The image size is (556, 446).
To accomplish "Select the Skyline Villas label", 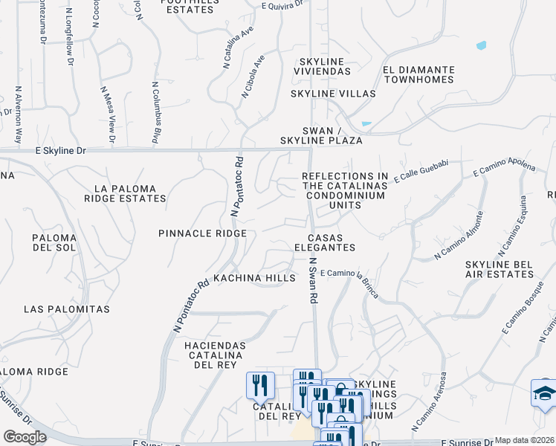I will (x=332, y=94).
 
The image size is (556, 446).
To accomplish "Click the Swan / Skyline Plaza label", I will (x=321, y=135).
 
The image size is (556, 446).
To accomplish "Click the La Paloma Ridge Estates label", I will (x=125, y=193).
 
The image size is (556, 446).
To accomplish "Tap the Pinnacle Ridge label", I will (x=202, y=233).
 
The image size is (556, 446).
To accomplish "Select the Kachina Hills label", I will (x=254, y=278).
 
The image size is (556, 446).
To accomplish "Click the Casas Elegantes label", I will (x=324, y=242).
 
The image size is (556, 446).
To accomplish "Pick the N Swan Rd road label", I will (x=314, y=280).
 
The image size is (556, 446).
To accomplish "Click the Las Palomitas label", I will (x=67, y=308).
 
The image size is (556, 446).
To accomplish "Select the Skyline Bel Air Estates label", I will (x=500, y=269).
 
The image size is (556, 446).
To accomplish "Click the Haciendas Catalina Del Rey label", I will (x=204, y=355).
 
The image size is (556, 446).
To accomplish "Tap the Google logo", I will (x=25, y=437).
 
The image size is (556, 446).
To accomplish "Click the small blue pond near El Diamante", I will (x=481, y=45).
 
